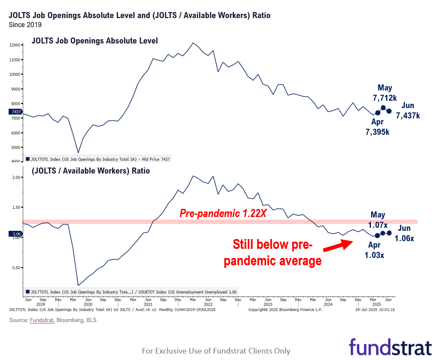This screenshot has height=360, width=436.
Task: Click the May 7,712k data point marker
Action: (383, 107)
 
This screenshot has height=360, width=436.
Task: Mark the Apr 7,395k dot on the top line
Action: (378, 113)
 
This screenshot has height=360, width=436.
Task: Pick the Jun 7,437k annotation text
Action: (408, 111)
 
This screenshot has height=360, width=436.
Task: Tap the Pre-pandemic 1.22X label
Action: (223, 213)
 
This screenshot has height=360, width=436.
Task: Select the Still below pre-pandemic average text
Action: (272, 253)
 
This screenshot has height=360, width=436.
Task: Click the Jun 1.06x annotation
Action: (404, 233)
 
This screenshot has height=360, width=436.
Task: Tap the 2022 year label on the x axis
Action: (208, 304)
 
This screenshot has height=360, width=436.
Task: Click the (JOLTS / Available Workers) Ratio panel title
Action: (90, 171)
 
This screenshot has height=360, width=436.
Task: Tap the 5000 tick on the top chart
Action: (15, 147)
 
